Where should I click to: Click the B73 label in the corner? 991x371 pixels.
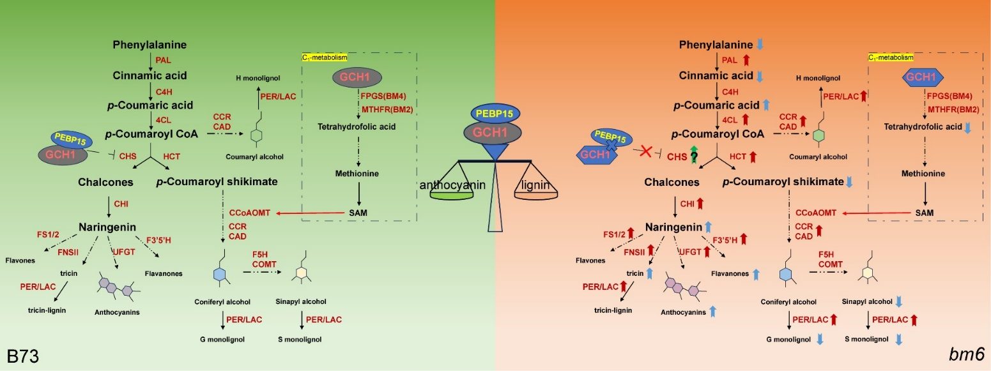(x=24, y=355)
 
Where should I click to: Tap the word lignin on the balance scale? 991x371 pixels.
(x=537, y=186)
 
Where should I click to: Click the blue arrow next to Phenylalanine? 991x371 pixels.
(x=760, y=45)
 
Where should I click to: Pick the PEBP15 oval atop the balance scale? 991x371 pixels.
(x=496, y=112)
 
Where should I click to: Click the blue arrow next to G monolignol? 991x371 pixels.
(x=820, y=339)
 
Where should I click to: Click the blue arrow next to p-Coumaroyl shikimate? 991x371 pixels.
(x=849, y=182)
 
